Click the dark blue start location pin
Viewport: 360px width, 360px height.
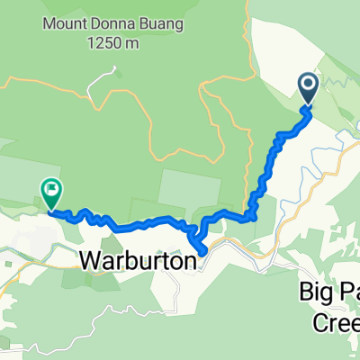click(x=308, y=88)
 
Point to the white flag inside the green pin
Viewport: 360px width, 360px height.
click(x=50, y=189)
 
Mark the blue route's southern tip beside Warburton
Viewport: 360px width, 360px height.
click(x=202, y=250)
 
